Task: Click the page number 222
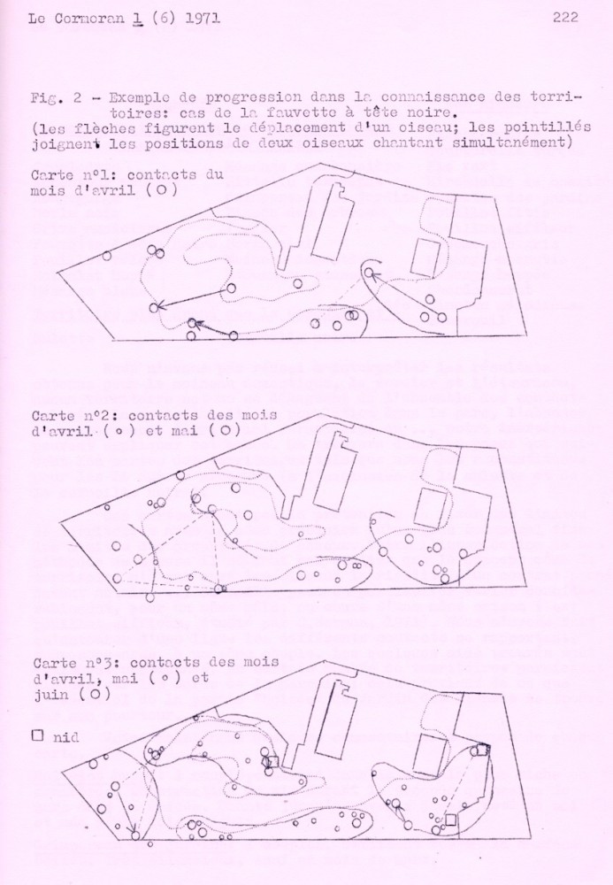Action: point(564,17)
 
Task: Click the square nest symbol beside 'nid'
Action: point(36,735)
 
